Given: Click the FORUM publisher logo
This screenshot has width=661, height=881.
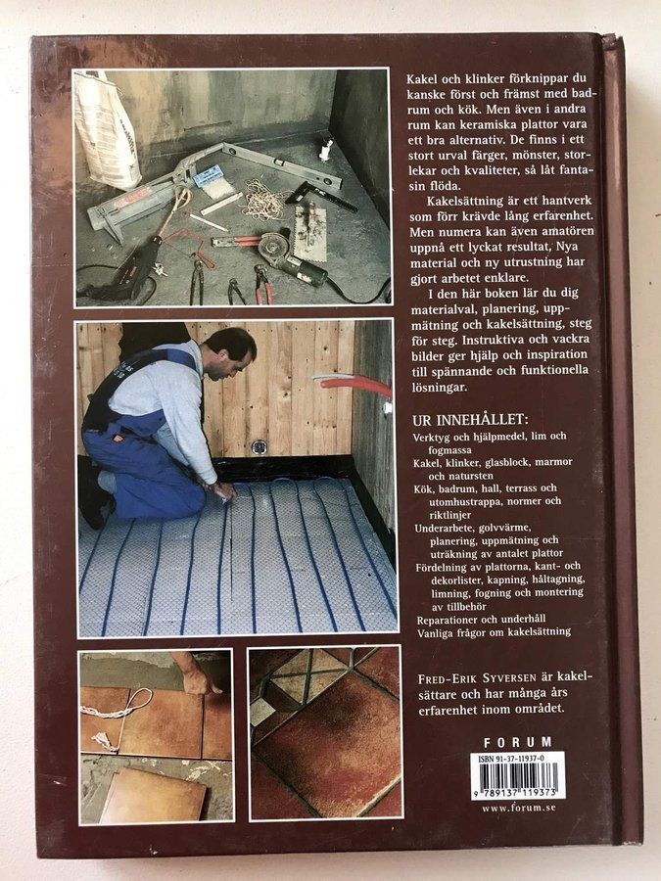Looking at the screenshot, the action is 518,742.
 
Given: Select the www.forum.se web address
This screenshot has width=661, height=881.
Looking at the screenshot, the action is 518,808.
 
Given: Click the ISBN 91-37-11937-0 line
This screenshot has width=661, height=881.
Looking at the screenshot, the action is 511,759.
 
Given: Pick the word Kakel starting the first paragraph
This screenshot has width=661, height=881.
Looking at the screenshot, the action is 421,78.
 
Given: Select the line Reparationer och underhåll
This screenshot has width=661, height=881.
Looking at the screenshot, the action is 481,620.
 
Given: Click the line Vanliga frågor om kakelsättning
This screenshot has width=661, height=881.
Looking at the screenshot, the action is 494,632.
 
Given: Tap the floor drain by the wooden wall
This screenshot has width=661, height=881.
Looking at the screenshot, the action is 258,447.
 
